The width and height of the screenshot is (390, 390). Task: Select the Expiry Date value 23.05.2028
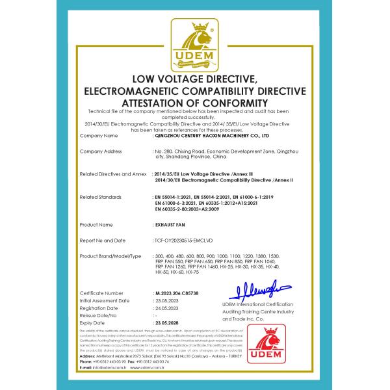[167, 322]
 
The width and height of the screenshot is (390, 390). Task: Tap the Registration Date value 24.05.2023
[167, 308]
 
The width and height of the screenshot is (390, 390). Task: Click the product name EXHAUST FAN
[171, 224]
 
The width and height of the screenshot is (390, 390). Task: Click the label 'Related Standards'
[99, 196]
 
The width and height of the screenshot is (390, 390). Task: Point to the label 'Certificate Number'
[101, 293]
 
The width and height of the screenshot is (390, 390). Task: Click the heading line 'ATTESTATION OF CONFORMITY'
[195, 103]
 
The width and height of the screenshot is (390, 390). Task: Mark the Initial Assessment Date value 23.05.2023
[167, 301]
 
